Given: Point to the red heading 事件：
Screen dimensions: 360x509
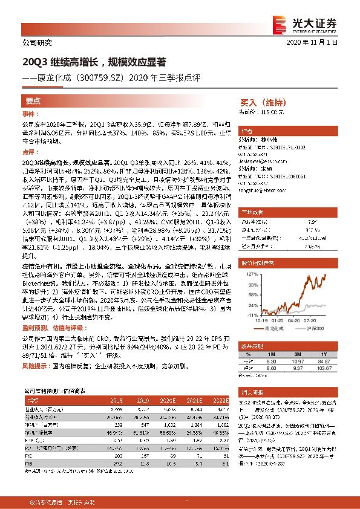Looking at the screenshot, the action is click(x=31, y=114).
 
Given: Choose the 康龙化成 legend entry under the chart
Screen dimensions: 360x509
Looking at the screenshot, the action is click(x=272, y=329).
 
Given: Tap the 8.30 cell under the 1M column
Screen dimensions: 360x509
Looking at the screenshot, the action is click(x=270, y=360).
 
